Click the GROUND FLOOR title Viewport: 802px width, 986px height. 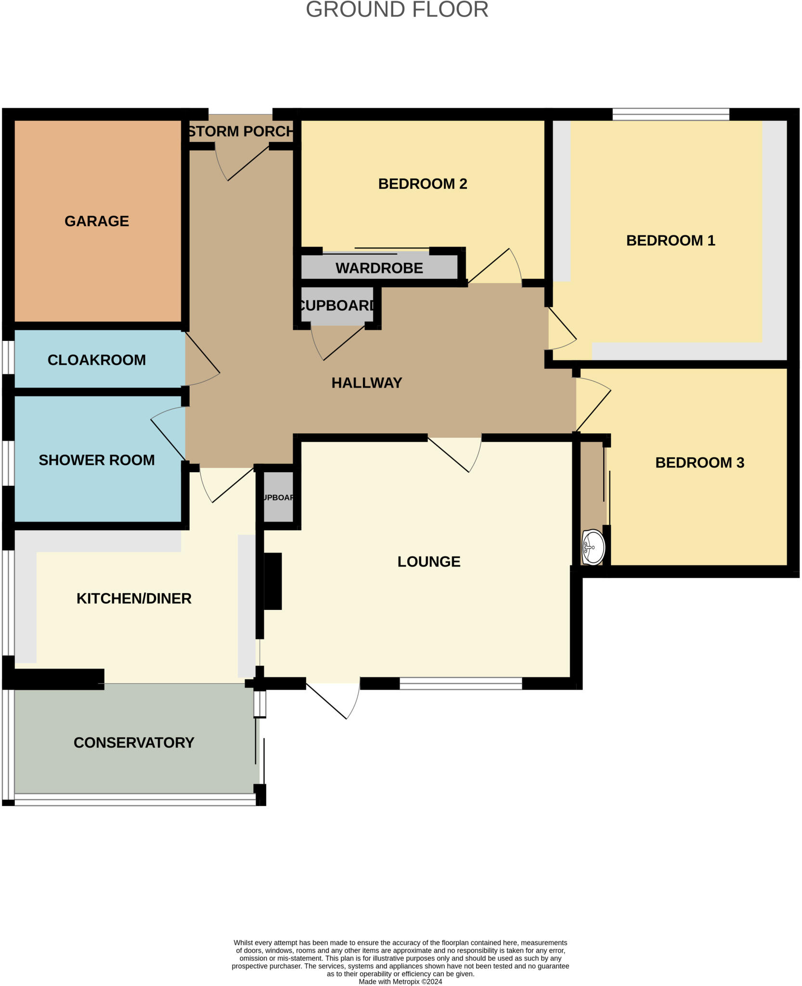coord(397,10)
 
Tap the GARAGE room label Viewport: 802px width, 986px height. coord(97,221)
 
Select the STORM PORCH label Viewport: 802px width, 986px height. coord(240,131)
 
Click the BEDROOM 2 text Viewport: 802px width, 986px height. coord(422,183)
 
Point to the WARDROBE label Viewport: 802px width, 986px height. coord(379,268)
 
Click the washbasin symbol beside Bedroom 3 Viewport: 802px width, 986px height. coord(593,547)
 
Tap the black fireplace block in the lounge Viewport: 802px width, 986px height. coord(272,581)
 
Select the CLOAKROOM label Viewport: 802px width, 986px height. coord(96,360)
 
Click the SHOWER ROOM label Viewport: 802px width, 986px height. coord(96,460)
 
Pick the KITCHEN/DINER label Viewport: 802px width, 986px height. coord(134,598)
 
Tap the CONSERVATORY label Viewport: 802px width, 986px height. coord(134,742)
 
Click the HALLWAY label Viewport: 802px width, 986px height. coord(366,383)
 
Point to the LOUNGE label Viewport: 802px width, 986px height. coord(428,561)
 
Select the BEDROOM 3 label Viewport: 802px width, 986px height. coord(699,462)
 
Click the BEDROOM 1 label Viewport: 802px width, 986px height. coord(670,240)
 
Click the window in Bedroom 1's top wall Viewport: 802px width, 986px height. coord(671,114)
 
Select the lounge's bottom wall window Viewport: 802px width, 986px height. coord(461,683)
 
